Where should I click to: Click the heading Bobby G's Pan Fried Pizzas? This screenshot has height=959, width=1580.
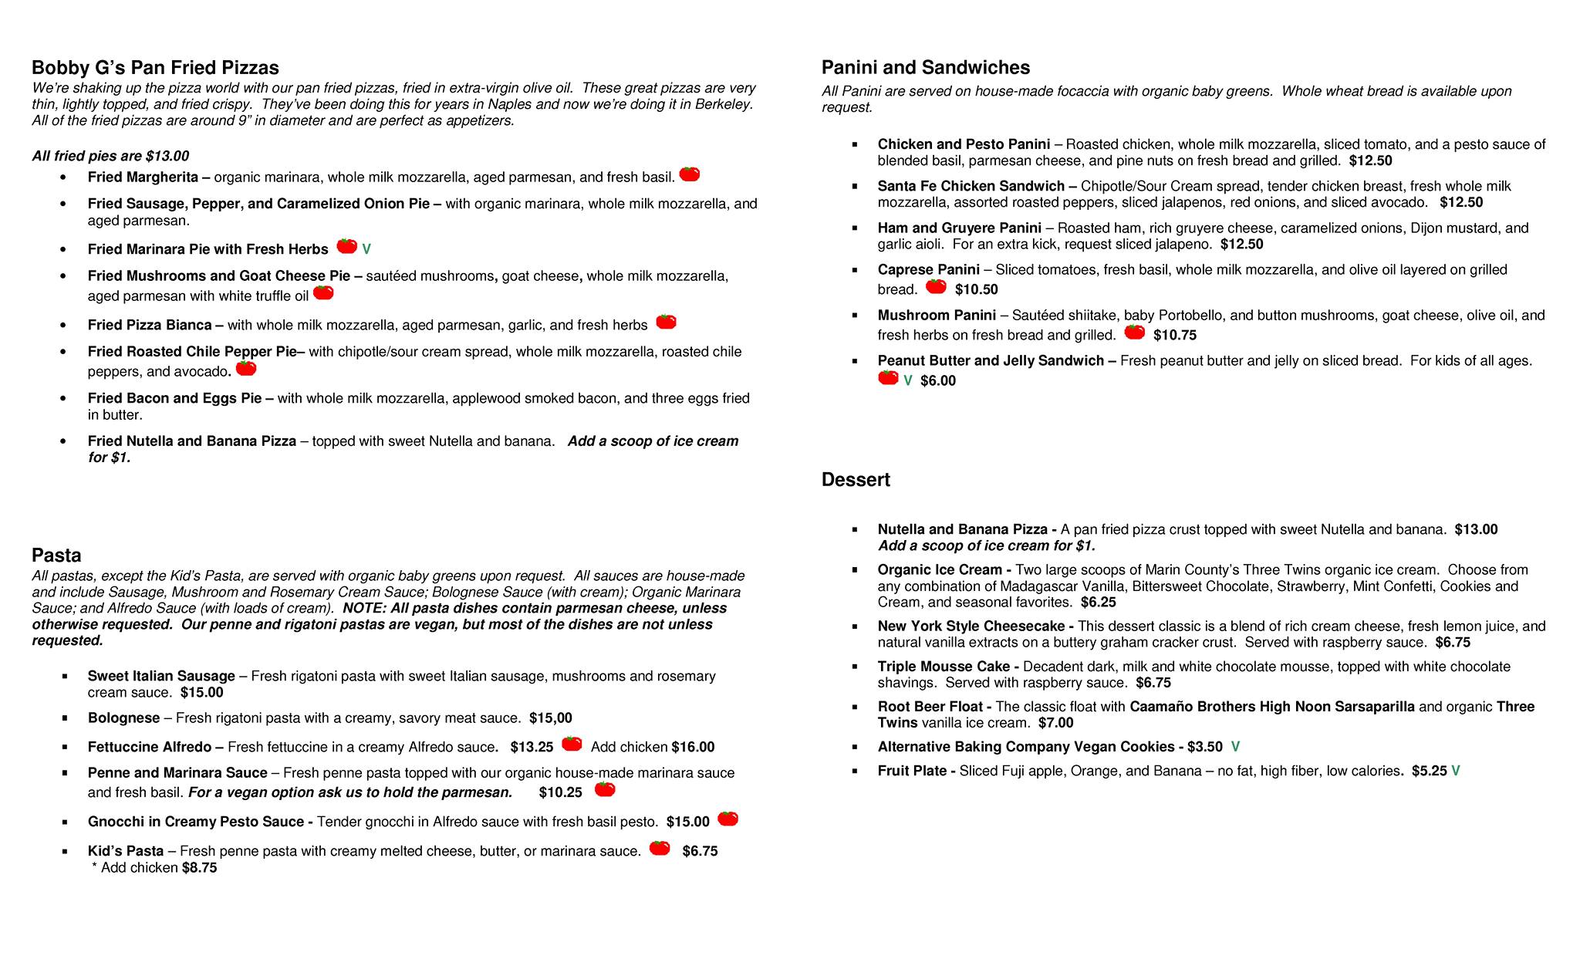[155, 68]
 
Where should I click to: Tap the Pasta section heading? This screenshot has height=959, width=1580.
[56, 555]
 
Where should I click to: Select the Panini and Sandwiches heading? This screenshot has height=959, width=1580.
[925, 68]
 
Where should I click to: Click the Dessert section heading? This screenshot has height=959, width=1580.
[856, 480]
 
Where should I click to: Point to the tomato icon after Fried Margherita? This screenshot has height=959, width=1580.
[690, 174]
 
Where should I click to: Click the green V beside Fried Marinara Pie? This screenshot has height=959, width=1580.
[366, 249]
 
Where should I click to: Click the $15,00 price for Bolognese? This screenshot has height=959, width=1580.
[551, 718]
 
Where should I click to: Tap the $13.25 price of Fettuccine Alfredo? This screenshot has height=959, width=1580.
[532, 747]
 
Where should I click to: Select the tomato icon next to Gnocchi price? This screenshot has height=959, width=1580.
[728, 819]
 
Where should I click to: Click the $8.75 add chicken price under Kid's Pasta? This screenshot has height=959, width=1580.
[199, 868]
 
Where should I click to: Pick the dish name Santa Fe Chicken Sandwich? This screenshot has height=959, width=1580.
[971, 186]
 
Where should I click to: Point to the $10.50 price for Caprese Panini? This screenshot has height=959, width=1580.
[976, 290]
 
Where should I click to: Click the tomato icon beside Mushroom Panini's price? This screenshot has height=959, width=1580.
[1135, 332]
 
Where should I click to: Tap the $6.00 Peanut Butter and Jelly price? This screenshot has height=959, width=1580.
[938, 381]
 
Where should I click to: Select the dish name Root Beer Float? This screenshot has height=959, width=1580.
[930, 707]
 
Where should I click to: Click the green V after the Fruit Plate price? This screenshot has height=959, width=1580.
[1456, 771]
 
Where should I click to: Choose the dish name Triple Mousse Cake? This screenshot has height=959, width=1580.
[943, 667]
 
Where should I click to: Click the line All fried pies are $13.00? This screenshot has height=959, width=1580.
[110, 157]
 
